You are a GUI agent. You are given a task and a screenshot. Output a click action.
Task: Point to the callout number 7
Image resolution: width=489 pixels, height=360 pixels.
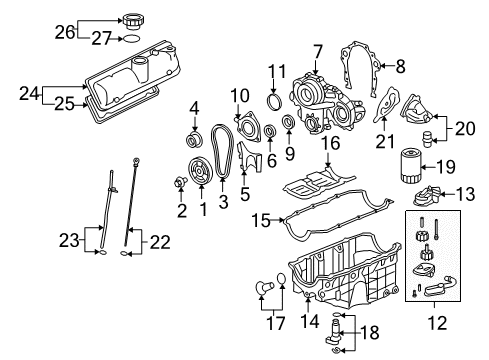tap(317, 50)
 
